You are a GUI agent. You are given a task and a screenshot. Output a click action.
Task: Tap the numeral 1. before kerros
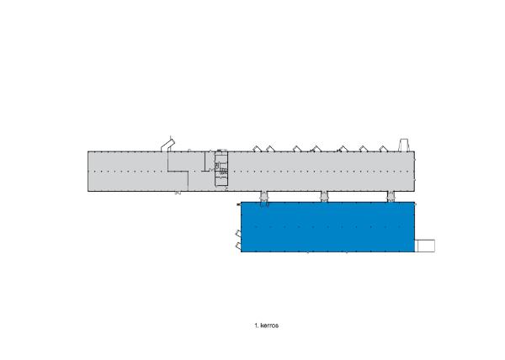pos(256,323)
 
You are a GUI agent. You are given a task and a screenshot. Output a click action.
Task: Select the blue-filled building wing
pos(328,227)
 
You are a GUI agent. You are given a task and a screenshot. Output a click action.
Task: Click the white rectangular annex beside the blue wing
pos(425,245)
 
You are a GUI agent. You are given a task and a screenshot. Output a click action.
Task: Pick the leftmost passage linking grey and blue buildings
pos(263,198)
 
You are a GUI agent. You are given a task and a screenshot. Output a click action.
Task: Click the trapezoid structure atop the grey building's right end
pos(404,144)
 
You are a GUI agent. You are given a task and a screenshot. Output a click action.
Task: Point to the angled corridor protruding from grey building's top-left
pos(168,145)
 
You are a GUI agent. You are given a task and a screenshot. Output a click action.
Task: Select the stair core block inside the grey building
pos(221,168)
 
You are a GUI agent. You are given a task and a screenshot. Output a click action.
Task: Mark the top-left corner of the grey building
pos(89,151)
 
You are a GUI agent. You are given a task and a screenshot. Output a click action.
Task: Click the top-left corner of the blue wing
pos(242,203)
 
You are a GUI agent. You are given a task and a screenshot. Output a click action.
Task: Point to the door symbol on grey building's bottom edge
pos(178,193)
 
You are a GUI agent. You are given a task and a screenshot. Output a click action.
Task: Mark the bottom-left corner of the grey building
pos(89,191)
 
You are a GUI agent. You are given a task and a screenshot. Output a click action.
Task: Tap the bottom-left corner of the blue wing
pos(242,253)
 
